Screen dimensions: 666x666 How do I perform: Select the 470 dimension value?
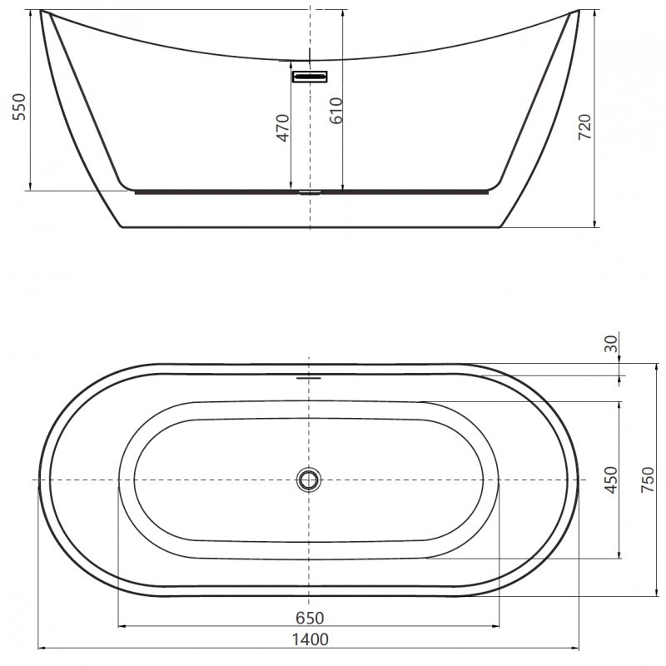[x=282, y=127]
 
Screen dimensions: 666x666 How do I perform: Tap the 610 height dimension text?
[x=335, y=111]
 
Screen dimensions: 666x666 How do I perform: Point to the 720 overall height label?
[x=584, y=127]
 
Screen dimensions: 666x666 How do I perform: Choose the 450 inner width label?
[x=612, y=481]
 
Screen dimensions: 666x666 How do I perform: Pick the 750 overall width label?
[x=647, y=481]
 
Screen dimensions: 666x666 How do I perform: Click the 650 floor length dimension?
[x=309, y=617]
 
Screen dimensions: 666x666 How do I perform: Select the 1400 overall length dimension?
[x=309, y=639]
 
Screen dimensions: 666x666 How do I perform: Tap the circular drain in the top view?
[x=309, y=480]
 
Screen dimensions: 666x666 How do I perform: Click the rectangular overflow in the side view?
[x=310, y=77]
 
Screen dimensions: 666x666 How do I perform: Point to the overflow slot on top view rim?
[x=309, y=376]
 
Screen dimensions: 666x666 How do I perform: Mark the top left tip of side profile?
[x=42, y=12]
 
